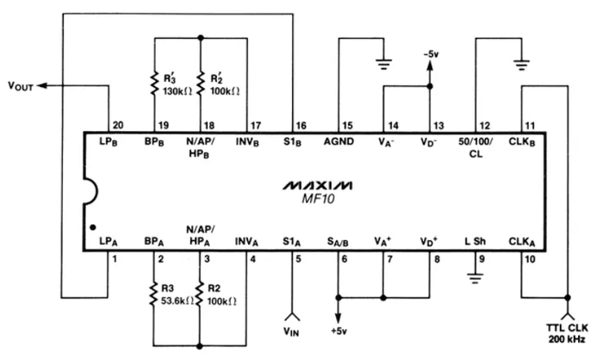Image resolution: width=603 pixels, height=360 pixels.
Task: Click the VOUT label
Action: [20, 84]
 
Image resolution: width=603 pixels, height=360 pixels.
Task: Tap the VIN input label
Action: [295, 327]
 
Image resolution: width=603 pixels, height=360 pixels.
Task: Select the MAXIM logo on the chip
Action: [318, 184]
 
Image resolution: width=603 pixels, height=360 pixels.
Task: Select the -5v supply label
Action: [428, 54]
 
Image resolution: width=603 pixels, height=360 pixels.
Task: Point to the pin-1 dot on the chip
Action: [92, 230]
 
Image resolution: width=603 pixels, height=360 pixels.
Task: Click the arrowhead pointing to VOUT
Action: [43, 84]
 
